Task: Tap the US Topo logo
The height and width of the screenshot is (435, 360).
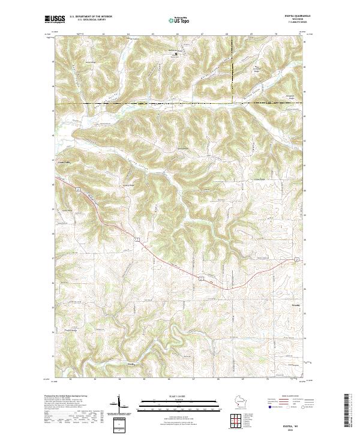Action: pos(180,20)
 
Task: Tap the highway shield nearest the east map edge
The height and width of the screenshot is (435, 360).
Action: pos(296,259)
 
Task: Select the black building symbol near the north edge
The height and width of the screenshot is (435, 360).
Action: pos(175,54)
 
